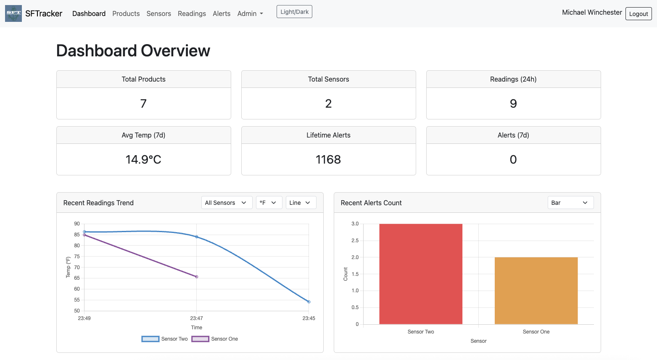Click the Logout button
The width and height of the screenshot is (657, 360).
pyautogui.click(x=639, y=14)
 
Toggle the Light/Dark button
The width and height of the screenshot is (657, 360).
pyautogui.click(x=294, y=12)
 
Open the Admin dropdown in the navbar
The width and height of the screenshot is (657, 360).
pyautogui.click(x=250, y=13)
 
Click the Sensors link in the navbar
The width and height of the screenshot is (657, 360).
pyautogui.click(x=158, y=13)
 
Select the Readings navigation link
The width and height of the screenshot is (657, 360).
pyautogui.click(x=192, y=13)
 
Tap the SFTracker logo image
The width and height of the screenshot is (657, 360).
pyautogui.click(x=13, y=13)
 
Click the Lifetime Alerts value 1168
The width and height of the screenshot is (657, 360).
pyautogui.click(x=328, y=159)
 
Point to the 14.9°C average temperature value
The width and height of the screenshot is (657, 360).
pyautogui.click(x=143, y=159)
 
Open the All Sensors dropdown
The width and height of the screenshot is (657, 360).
pyautogui.click(x=227, y=203)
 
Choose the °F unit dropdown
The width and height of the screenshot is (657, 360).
pyautogui.click(x=269, y=203)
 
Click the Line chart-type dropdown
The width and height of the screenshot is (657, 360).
pyautogui.click(x=301, y=203)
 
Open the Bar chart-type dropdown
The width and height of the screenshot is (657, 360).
pyautogui.click(x=570, y=203)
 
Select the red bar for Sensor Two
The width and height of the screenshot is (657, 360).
pyautogui.click(x=421, y=274)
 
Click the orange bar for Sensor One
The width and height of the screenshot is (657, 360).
pyautogui.click(x=536, y=291)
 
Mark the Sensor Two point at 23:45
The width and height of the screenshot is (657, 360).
pyautogui.click(x=309, y=302)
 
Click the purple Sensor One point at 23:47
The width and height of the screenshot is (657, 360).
pyautogui.click(x=197, y=277)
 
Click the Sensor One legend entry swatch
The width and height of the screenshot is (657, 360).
pyautogui.click(x=201, y=339)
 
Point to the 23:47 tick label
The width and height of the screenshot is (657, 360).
pyautogui.click(x=197, y=318)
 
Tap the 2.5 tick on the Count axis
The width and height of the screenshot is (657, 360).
pyautogui.click(x=355, y=241)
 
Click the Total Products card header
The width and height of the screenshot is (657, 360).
pyautogui.click(x=144, y=79)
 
